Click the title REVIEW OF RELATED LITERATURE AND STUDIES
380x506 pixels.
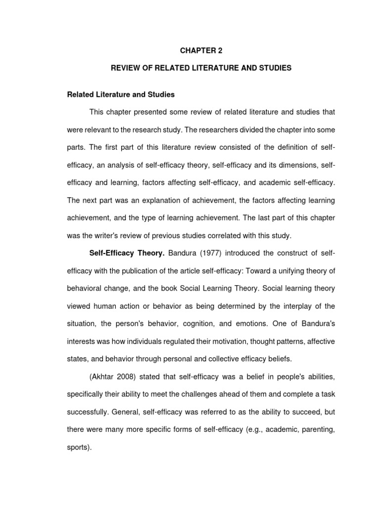point(201,68)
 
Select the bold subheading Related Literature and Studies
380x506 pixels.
point(121,94)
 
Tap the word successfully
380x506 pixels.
point(87,398)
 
